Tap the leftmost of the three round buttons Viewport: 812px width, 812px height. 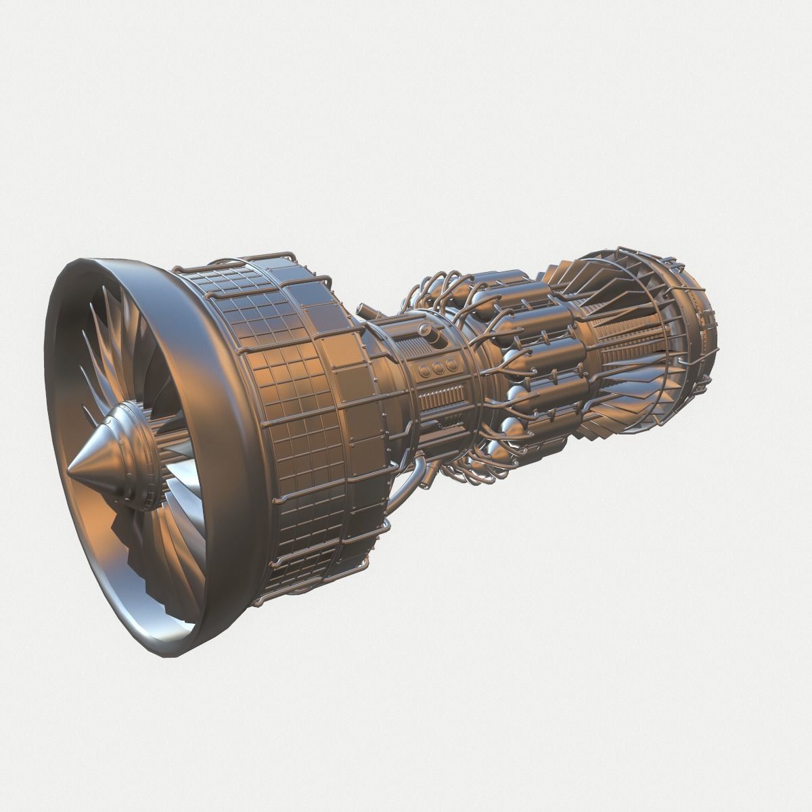(x=424, y=369)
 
